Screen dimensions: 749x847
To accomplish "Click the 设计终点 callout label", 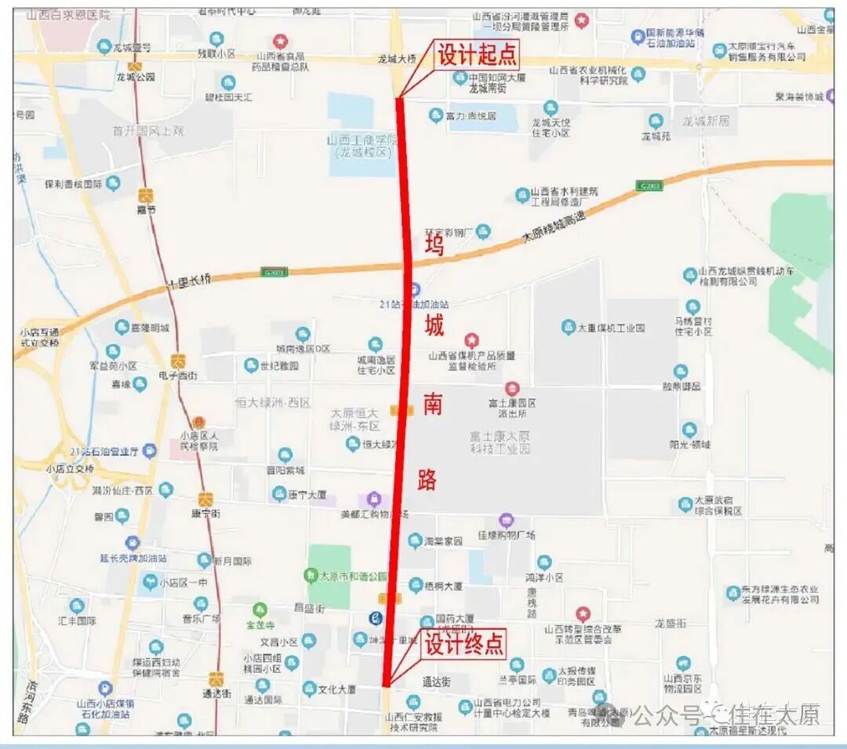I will (x=463, y=645).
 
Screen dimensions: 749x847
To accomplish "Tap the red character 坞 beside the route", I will (x=434, y=245).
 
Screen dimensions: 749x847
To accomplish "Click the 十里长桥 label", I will (x=188, y=281).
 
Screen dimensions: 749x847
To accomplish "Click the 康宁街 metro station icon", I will (x=205, y=499).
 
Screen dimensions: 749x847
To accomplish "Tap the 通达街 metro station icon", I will (x=216, y=678).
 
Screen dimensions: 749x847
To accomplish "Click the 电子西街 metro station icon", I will (x=179, y=362).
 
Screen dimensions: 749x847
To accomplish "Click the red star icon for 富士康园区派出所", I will (x=511, y=387).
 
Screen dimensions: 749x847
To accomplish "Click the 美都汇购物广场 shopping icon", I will (x=373, y=499).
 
